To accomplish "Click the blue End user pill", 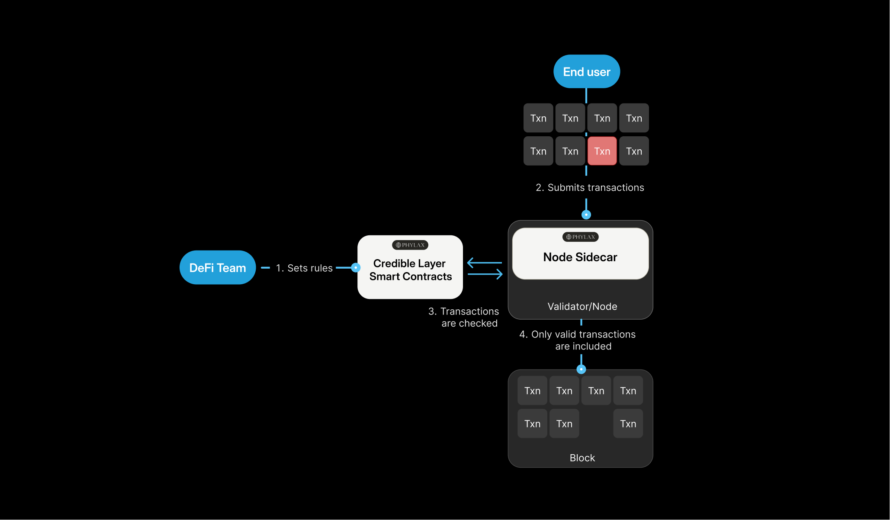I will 586,71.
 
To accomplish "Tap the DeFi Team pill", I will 217,268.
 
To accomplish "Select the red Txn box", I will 602,151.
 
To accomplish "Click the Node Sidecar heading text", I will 580,257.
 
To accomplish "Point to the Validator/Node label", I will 582,306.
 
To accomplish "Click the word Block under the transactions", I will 582,458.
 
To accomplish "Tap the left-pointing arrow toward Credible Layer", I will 484,263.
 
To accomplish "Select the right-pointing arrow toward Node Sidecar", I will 485,274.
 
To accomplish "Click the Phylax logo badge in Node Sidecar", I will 580,237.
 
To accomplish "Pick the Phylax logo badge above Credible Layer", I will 410,245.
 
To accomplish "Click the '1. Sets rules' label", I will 304,268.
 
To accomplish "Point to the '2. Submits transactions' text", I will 590,187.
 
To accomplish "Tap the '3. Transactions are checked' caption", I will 464,317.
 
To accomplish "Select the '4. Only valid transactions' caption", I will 578,340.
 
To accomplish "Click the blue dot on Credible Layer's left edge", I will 356,268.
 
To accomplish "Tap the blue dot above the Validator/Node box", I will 586,215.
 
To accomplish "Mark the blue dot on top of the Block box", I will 581,369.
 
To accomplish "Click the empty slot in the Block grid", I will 596,424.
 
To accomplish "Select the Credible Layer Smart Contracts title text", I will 410,270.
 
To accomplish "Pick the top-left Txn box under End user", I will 538,118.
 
